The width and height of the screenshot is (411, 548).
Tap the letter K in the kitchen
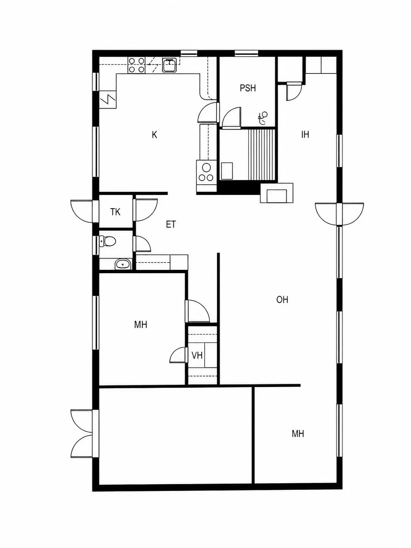tap(154, 135)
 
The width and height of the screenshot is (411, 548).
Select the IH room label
tap(305, 135)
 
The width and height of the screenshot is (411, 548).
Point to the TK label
tap(115, 212)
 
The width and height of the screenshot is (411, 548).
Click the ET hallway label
tap(171, 224)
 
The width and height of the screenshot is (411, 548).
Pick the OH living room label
tap(282, 300)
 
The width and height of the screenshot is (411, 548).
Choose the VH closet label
tap(197, 355)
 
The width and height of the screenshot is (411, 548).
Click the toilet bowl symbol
tap(107, 241)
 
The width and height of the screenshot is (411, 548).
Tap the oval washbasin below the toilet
tap(123, 264)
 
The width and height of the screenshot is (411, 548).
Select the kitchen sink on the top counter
tap(170, 65)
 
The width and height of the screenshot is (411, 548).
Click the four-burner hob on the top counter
tap(137, 65)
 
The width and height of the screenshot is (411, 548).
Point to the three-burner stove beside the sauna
tap(206, 173)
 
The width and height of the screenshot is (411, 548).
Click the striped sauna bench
tap(262, 154)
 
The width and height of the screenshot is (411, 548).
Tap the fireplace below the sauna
tap(277, 193)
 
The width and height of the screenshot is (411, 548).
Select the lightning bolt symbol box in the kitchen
tap(108, 100)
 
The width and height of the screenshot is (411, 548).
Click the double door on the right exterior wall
tap(339, 214)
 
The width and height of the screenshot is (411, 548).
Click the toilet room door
tap(142, 243)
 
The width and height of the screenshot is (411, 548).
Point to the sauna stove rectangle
tap(227, 171)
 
